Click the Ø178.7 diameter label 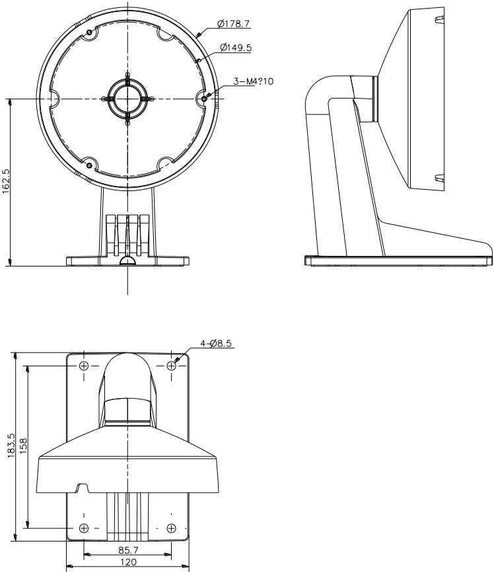coord(234,24)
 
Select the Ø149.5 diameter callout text coord(236,48)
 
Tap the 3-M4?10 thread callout coord(253,81)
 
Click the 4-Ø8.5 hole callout coord(216,343)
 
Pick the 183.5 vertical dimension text coord(11,446)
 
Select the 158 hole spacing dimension coord(23,446)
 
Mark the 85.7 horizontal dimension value coord(128,550)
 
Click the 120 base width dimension coord(128,562)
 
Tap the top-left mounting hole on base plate coord(84,366)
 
